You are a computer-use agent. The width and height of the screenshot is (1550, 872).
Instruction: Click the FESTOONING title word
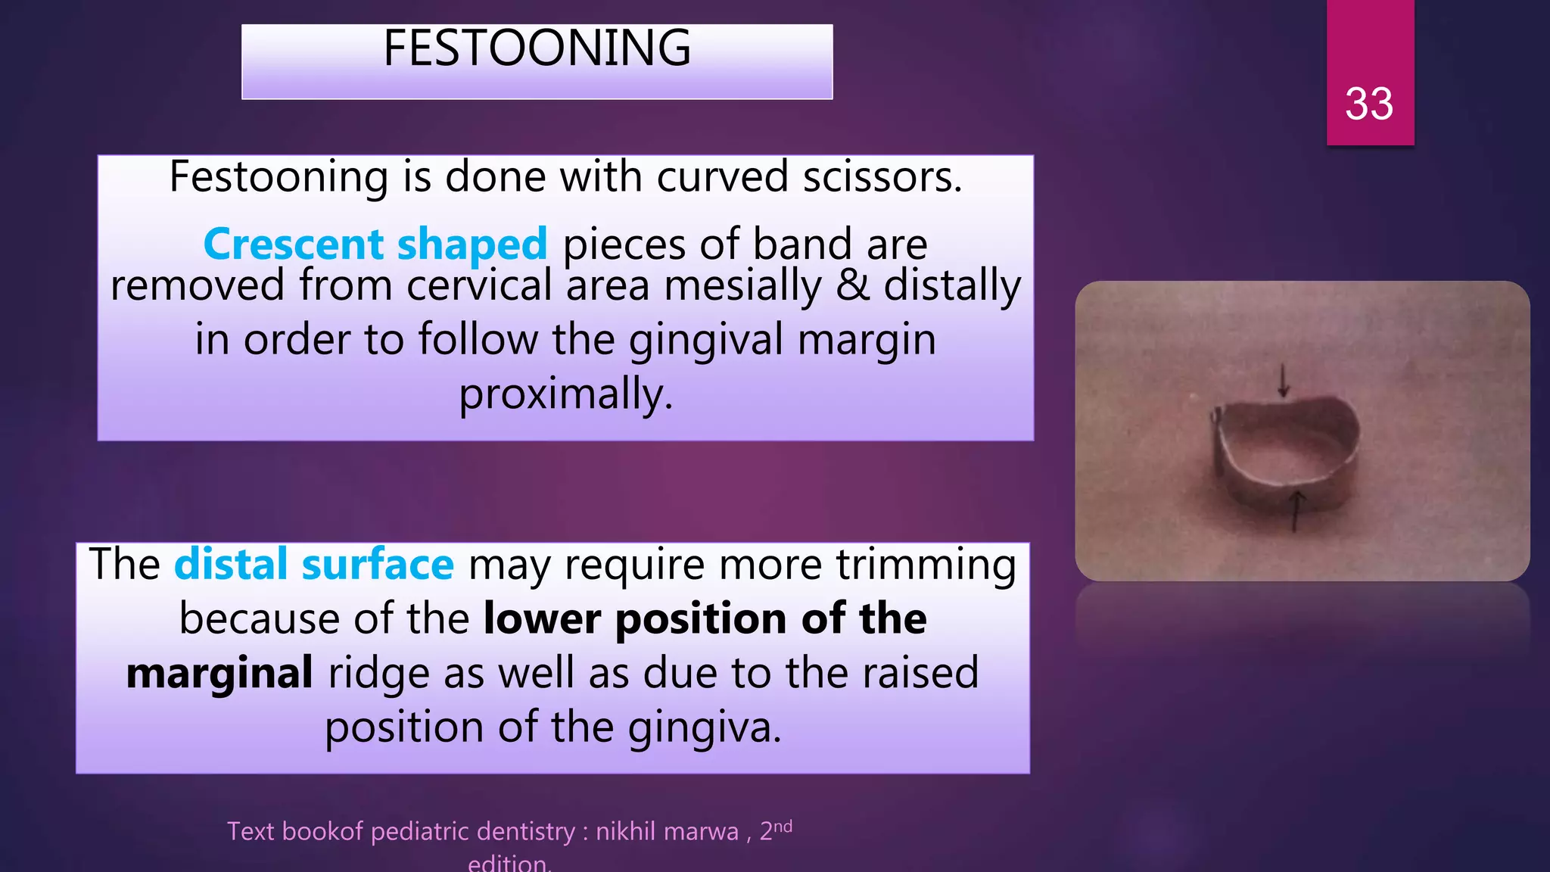[537, 48]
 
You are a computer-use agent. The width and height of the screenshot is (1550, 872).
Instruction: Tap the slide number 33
[1368, 104]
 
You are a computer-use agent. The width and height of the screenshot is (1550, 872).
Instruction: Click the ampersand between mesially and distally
[852, 286]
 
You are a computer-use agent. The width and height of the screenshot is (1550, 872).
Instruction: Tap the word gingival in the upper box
[705, 340]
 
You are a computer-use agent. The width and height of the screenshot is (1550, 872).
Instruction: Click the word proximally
[565, 394]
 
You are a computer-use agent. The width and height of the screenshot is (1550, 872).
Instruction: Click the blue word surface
[378, 565]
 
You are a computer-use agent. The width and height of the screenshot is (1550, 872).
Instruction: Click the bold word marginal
[219, 674]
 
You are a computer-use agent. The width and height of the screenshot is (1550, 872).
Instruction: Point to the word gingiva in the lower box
[704, 728]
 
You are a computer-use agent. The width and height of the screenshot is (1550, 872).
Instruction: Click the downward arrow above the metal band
[1283, 381]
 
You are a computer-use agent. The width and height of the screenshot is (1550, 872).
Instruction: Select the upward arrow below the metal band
[1296, 509]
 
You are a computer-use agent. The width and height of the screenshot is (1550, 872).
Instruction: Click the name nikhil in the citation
[625, 832]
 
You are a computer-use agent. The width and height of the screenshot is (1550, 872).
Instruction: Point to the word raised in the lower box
[923, 674]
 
